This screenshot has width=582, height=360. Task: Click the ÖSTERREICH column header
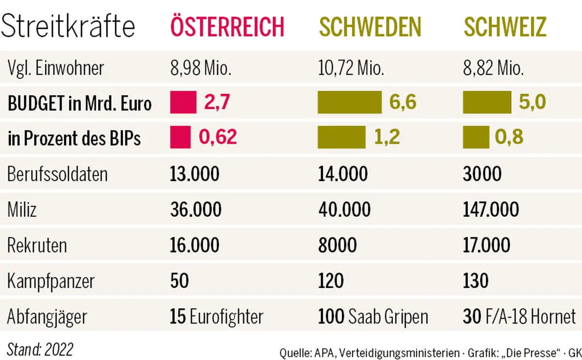pos(226,27)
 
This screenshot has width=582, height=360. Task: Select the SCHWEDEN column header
pos(370,27)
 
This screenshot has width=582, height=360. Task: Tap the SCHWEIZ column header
pos(505,27)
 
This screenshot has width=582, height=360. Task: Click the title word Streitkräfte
pos(68,27)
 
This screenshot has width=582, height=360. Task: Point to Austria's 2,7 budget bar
pos(183,103)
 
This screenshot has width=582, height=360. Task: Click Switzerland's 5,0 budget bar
pos(487,103)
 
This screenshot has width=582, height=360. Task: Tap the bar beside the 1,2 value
pos(341,138)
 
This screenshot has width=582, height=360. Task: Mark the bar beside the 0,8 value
pos(476,138)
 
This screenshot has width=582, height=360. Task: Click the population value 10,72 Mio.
pos(351,68)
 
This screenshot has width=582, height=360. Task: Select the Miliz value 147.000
pos(491,210)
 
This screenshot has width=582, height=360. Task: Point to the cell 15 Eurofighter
pos(216,317)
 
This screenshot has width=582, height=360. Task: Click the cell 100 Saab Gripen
pos(373,317)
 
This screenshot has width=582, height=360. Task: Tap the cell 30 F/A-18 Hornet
pos(519,317)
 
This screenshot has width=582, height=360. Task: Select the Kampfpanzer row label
pos(51,281)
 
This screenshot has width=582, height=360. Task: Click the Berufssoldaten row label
pos(57,174)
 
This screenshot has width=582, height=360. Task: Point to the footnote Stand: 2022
pos(40,349)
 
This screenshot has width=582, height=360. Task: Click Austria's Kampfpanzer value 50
pos(179,281)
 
